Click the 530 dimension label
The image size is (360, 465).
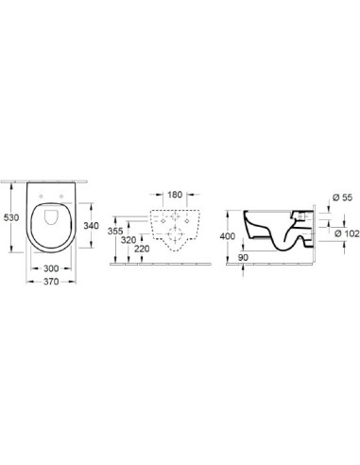tap(11, 217)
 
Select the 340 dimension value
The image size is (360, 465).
tap(91, 226)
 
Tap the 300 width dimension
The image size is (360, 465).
tap(51, 268)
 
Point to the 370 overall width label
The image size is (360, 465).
tap(51, 282)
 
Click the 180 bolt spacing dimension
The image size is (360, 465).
tap(175, 195)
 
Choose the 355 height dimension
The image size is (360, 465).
tap(115, 231)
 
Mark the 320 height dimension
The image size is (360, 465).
tap(129, 240)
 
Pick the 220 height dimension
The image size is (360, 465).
tap(142, 249)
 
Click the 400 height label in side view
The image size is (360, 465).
tap(228, 236)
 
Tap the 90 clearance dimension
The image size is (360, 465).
tap(243, 257)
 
